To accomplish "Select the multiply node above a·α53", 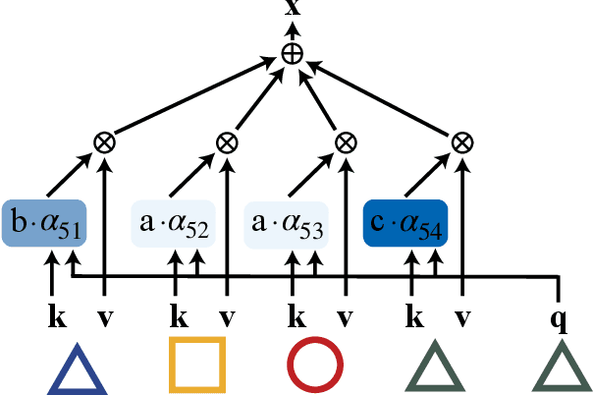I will [344, 142].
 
